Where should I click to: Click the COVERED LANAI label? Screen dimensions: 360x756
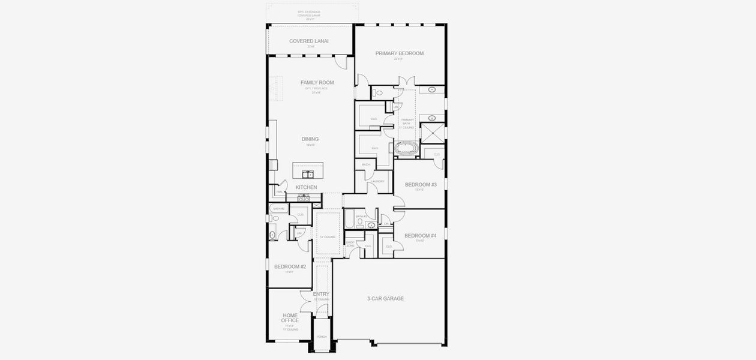click(x=309, y=41)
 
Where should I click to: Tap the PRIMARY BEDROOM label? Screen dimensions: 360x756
click(x=400, y=53)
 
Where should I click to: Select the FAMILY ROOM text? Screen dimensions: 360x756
click(x=317, y=83)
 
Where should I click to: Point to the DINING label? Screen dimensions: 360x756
click(x=310, y=139)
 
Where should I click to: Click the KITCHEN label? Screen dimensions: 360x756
click(x=306, y=187)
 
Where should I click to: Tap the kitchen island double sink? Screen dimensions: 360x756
click(x=308, y=175)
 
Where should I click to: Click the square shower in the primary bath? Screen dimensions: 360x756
click(x=431, y=133)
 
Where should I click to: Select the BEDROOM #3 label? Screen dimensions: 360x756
click(x=421, y=184)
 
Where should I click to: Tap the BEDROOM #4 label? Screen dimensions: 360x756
click(x=421, y=236)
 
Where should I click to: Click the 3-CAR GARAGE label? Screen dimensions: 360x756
click(x=385, y=298)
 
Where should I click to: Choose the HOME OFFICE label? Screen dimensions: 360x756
click(x=290, y=317)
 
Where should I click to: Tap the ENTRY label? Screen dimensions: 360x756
click(x=321, y=294)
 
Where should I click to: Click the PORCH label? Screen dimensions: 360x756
click(x=322, y=337)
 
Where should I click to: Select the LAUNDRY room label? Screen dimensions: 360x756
click(x=377, y=181)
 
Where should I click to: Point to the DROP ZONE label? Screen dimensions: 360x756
click(x=350, y=244)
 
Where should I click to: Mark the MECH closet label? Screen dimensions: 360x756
click(x=365, y=164)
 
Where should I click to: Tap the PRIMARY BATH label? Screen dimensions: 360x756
click(x=407, y=122)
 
